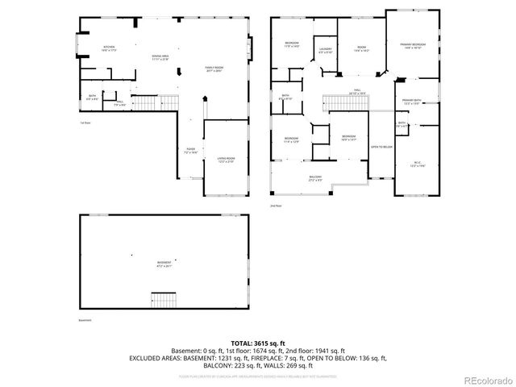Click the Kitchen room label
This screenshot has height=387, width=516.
click(x=109, y=48)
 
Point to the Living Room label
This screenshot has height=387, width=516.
click(x=227, y=160)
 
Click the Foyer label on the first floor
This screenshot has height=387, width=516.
click(x=191, y=150)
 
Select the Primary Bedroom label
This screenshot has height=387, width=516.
click(x=413, y=47)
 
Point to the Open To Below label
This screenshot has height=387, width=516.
click(x=381, y=147)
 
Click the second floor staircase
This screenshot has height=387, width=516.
click(x=339, y=102)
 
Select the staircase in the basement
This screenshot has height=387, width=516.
click(x=164, y=299)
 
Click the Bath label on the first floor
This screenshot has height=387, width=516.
click(x=93, y=98)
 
